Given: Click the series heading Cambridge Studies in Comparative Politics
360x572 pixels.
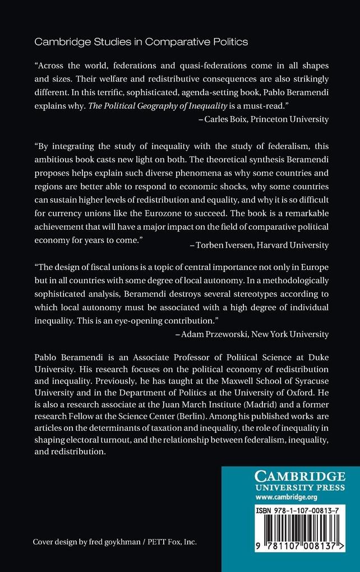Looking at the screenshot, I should [x=142, y=41].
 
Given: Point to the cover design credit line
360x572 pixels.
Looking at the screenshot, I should [x=115, y=542].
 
